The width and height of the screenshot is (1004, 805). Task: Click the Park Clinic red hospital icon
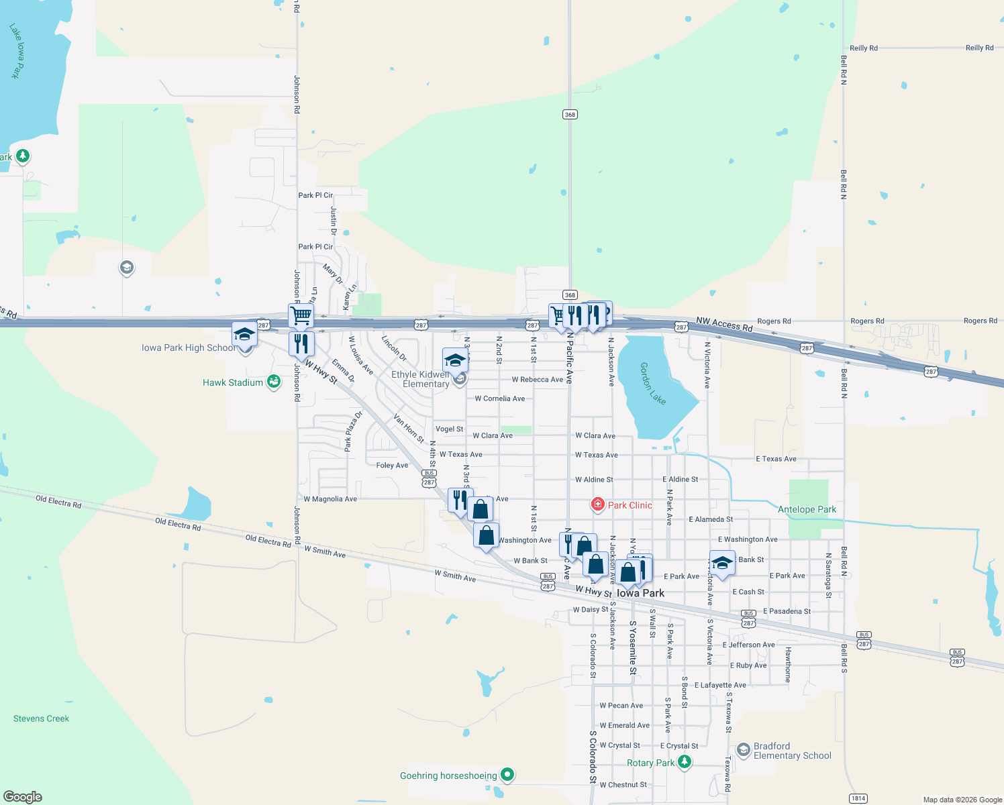[597, 504]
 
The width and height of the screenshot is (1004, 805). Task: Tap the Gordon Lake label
[652, 384]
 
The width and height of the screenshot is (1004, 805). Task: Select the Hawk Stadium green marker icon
[274, 382]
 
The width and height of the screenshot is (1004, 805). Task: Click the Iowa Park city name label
[640, 593]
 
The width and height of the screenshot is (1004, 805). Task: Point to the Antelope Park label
[807, 509]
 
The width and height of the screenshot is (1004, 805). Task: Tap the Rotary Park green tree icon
[684, 762]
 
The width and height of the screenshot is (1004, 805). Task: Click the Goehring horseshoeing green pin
[508, 775]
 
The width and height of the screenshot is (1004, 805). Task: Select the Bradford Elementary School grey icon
[743, 749]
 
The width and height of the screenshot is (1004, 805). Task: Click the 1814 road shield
[858, 798]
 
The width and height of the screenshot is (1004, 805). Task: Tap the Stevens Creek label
[41, 718]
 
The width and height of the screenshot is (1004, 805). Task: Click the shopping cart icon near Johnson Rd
[301, 314]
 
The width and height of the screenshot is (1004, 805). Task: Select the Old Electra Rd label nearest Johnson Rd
[268, 541]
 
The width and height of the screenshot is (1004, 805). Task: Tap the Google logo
[23, 797]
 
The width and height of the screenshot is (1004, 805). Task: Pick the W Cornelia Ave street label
[499, 398]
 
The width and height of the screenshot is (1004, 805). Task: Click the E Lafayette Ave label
[720, 685]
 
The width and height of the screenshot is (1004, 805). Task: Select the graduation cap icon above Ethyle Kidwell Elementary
[455, 360]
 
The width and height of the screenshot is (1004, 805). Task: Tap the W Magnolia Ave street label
[330, 499]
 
